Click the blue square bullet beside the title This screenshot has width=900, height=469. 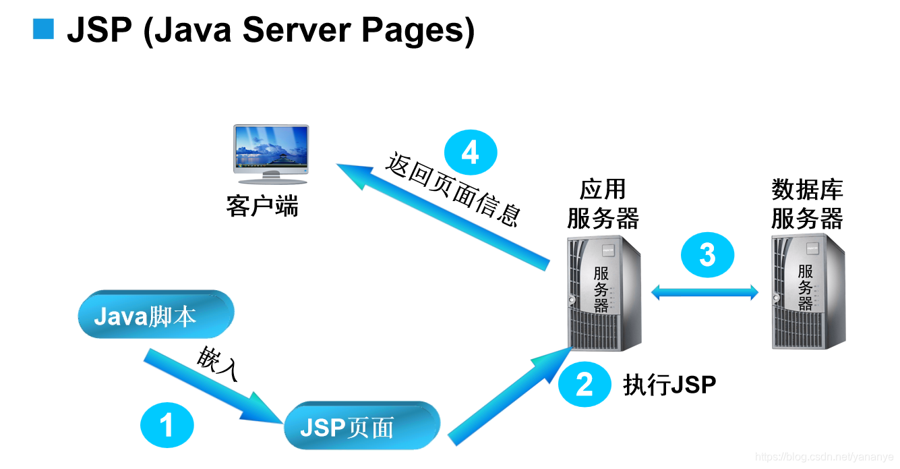(x=43, y=29)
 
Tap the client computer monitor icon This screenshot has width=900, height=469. (x=270, y=153)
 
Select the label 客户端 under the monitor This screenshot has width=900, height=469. (x=262, y=206)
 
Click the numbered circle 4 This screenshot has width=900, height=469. (x=471, y=153)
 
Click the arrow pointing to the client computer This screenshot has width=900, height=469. (x=445, y=216)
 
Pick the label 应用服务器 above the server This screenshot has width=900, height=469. (x=603, y=204)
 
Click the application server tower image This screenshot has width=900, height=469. (x=603, y=292)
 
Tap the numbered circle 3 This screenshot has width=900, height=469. (x=707, y=256)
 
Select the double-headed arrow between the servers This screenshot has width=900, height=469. (x=704, y=292)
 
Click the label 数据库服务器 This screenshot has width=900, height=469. (x=807, y=204)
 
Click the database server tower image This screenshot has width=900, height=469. (x=808, y=292)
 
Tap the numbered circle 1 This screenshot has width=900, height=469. (x=167, y=426)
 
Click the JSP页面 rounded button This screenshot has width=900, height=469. (x=361, y=426)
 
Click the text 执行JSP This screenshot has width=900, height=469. (x=669, y=385)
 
